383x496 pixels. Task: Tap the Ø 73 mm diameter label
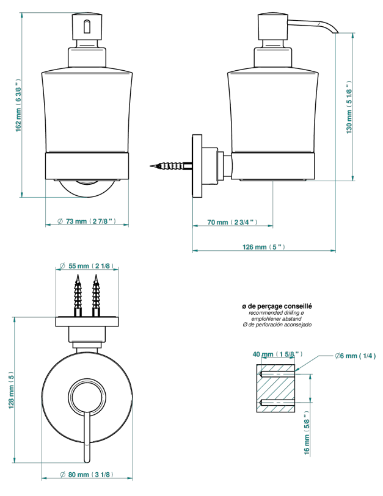[87, 221]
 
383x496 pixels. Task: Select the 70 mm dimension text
[232, 222]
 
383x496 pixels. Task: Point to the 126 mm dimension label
[264, 246]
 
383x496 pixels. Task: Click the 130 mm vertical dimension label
[349, 107]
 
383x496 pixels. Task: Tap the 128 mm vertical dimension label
[11, 390]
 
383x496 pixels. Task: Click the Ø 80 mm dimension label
[87, 475]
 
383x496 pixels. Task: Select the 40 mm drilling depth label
[277, 354]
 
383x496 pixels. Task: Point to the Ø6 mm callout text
[356, 356]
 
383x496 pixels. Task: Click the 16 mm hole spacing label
[306, 434]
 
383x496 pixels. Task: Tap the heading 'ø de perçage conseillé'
[277, 306]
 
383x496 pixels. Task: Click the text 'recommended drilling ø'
[277, 313]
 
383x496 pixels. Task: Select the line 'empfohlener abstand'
[277, 319]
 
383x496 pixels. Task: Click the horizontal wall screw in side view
[171, 166]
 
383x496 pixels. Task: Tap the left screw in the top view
[78, 295]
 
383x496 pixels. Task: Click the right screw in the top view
[96, 295]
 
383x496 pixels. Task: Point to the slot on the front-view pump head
[87, 27]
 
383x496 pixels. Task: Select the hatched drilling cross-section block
[275, 389]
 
